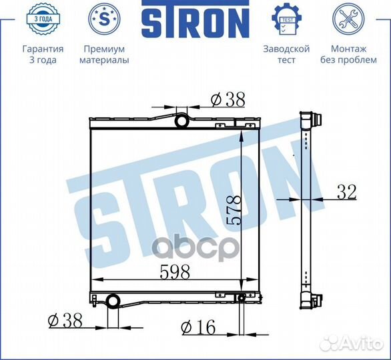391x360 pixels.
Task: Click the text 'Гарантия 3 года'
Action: point(43,55)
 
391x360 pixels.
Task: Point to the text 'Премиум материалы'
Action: point(103,55)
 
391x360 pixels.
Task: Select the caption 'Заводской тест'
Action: point(286,55)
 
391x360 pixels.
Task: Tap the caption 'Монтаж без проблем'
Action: point(348,55)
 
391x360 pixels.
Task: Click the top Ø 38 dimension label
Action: point(228,99)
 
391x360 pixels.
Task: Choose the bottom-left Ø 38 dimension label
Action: point(65,321)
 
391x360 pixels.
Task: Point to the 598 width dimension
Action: point(175,272)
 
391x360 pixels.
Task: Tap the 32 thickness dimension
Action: point(346,193)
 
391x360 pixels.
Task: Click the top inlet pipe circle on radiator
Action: point(182,122)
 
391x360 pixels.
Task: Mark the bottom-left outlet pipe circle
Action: point(114,301)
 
